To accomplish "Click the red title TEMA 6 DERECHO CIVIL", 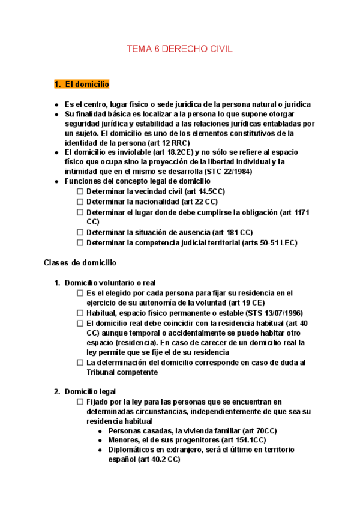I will (179, 49).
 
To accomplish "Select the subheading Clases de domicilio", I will (80, 263).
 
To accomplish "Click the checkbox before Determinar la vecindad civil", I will (80, 191).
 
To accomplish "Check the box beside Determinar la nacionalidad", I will (80, 202).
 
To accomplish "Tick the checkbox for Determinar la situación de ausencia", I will (80, 232).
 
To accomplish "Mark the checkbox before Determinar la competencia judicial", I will (80, 243).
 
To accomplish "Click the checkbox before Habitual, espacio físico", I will (80, 313).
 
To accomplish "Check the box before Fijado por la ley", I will (80, 402).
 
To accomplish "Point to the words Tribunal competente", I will (122, 372).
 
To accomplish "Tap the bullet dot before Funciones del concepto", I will (56, 181).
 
